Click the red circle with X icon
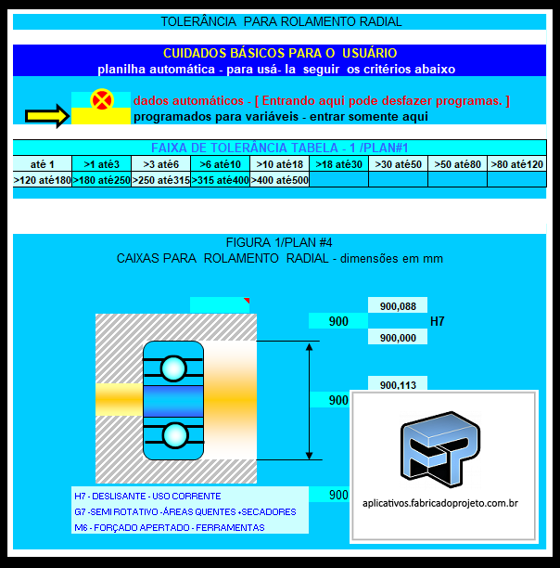tap(102, 99)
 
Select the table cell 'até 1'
tap(43, 164)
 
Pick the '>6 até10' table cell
tap(220, 164)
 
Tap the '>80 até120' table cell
tap(517, 164)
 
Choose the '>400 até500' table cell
tap(279, 180)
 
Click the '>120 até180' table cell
tap(43, 180)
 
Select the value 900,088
tap(398, 305)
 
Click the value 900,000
tap(398, 338)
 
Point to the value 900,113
tap(398, 385)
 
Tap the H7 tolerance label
tap(439, 322)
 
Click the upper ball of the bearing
tap(173, 368)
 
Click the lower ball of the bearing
tap(173, 433)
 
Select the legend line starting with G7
tap(185, 511)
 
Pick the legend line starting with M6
tap(170, 527)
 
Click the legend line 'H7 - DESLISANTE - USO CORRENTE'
tap(147, 496)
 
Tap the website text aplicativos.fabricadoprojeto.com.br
tap(440, 502)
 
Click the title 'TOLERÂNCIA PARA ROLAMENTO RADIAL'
tap(281, 20)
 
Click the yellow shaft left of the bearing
tap(119, 400)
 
